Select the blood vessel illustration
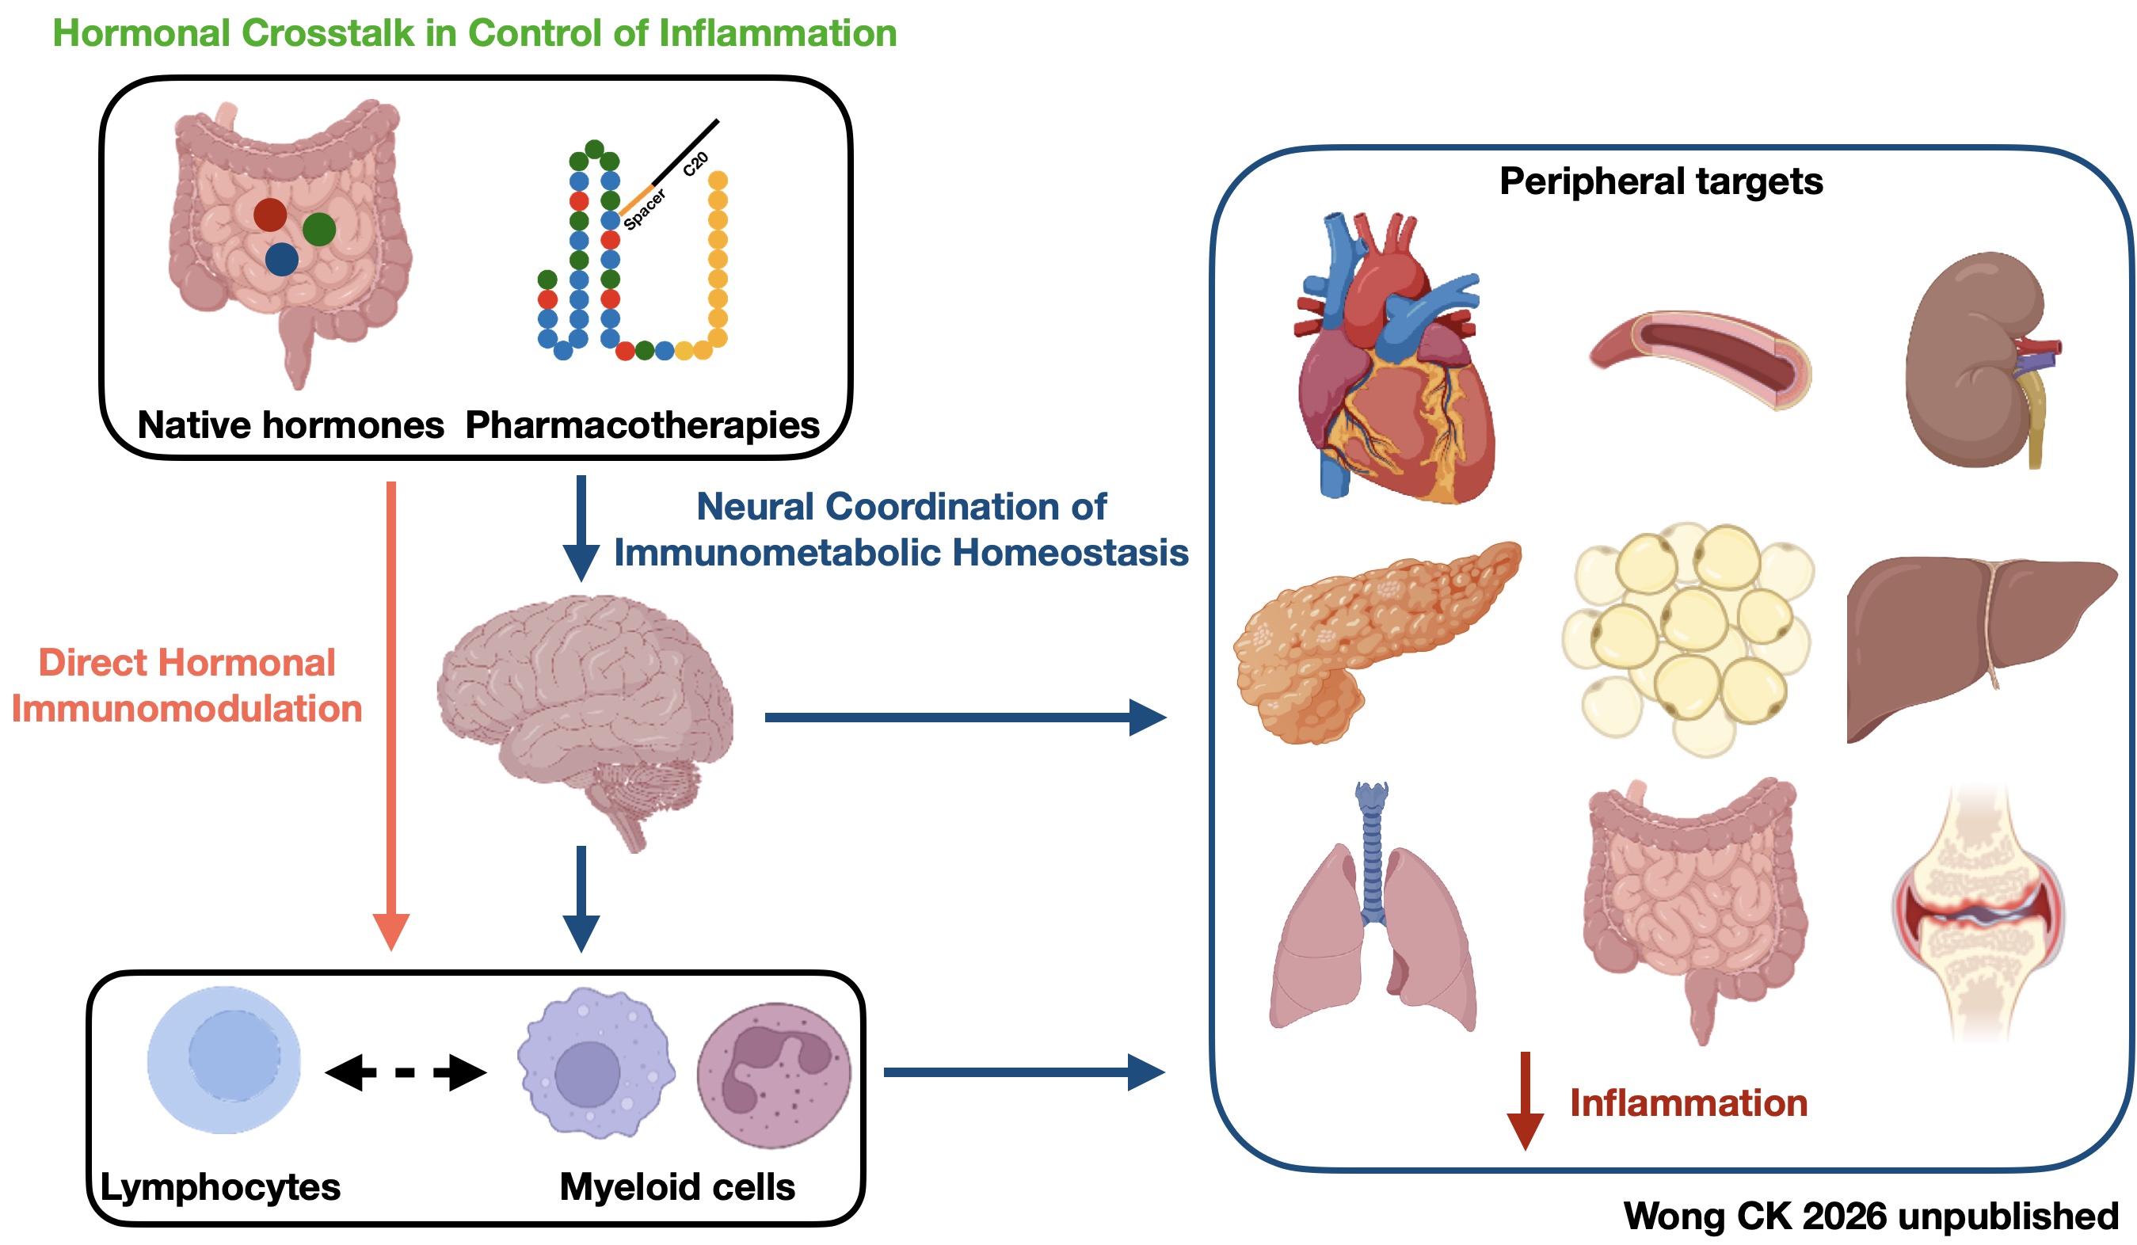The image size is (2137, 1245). point(1701,356)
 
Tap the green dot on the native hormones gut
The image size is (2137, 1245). point(319,229)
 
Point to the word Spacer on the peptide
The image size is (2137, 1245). point(646,209)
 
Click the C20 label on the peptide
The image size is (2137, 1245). point(695,165)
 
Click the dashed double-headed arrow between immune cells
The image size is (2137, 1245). point(406,1072)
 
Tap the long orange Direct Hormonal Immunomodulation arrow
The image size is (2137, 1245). point(391,713)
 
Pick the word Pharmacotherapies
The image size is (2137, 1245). point(642,425)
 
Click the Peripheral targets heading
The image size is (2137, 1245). point(1660,181)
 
